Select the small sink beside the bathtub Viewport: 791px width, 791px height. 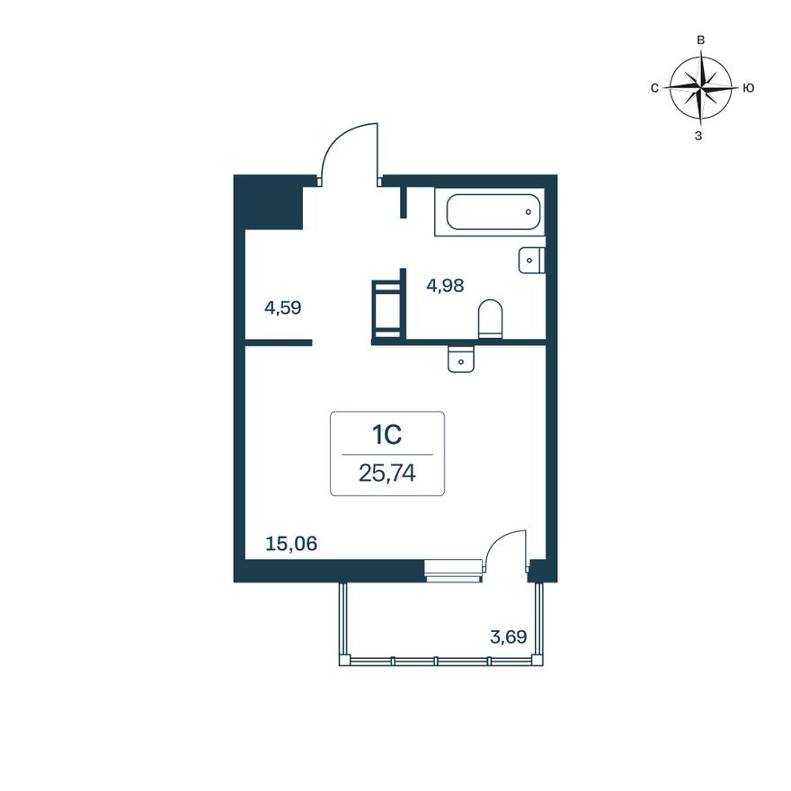point(532,260)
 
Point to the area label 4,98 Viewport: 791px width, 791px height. point(445,287)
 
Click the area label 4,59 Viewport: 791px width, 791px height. point(282,307)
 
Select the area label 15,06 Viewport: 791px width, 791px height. point(292,543)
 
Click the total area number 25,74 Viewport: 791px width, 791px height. point(387,473)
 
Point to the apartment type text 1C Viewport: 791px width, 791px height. point(387,436)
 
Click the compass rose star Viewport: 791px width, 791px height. point(700,87)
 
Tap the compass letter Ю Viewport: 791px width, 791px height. point(748,88)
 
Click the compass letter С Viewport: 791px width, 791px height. point(654,88)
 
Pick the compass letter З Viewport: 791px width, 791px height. point(699,136)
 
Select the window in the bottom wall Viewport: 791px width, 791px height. point(454,569)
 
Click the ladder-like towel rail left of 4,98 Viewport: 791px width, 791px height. point(387,309)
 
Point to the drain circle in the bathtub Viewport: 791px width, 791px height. point(529,213)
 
